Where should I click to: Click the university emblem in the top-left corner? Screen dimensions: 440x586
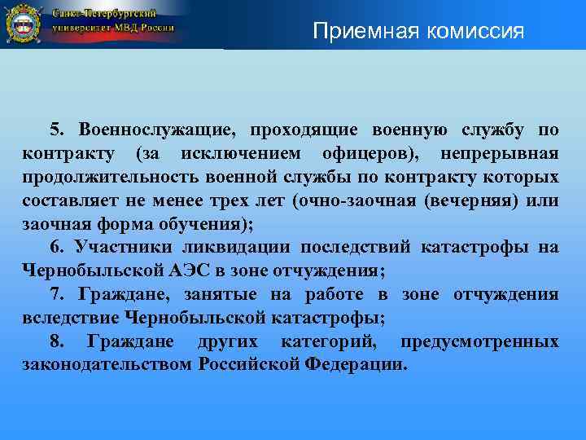(x=22, y=24)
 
